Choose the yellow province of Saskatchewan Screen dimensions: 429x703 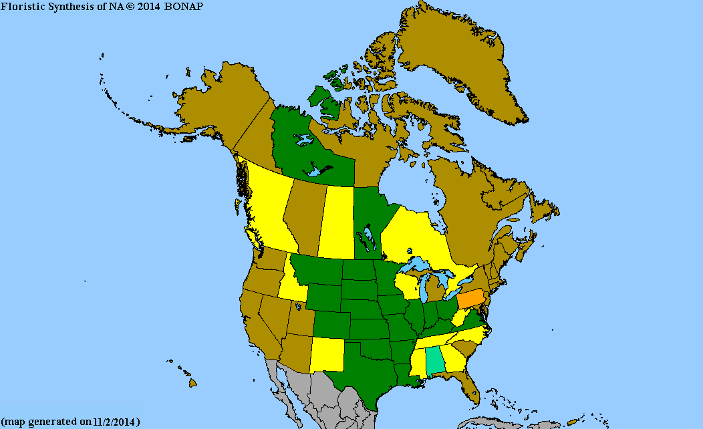point(337,221)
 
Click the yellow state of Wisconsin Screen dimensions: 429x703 point(408,284)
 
